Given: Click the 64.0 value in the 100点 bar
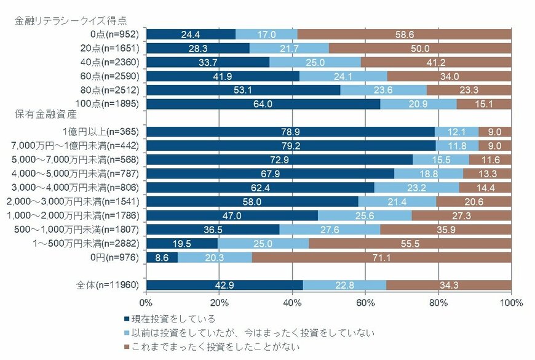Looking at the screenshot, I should pyautogui.click(x=263, y=104).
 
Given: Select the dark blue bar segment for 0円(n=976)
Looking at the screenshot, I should pyautogui.click(x=162, y=257).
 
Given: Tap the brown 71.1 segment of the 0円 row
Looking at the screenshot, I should pyautogui.click(x=381, y=257).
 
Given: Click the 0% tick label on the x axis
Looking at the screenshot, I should pyautogui.click(x=146, y=303).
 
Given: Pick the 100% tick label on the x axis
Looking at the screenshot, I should pyautogui.click(x=510, y=303).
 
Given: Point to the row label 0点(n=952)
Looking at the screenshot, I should pyautogui.click(x=116, y=34).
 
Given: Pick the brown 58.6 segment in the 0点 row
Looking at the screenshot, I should pyautogui.click(x=404, y=34).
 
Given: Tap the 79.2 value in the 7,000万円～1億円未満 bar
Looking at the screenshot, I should pyautogui.click(x=291, y=146).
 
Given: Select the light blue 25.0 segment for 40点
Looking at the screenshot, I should pyautogui.click(x=315, y=62).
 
